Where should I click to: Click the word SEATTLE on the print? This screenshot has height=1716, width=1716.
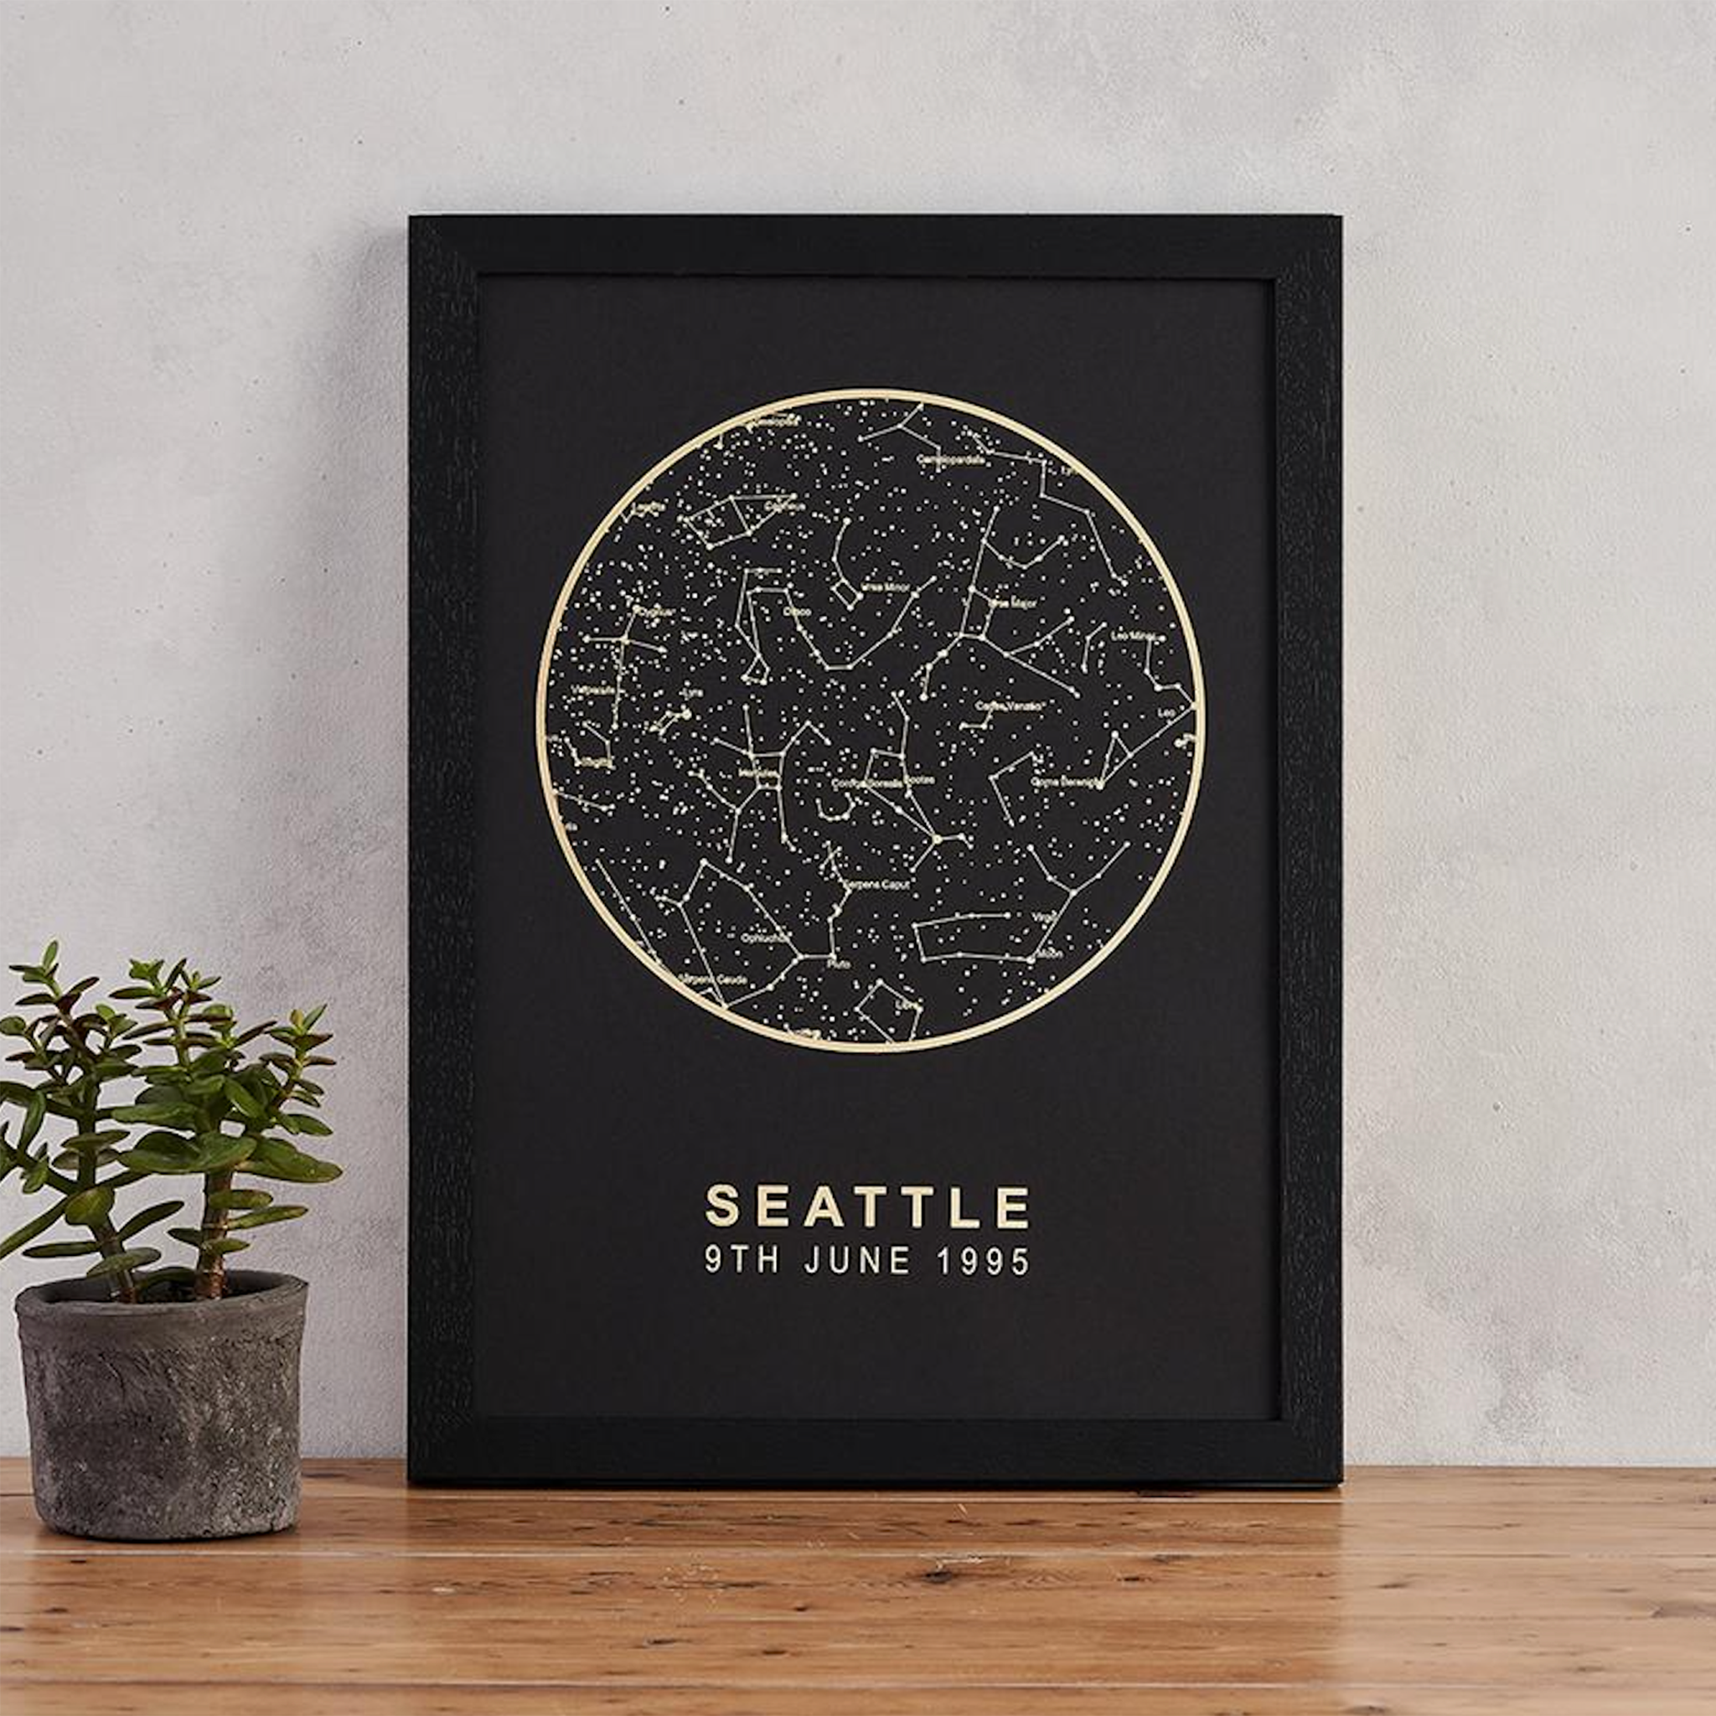tap(867, 1207)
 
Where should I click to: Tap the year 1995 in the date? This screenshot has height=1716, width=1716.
tap(985, 1261)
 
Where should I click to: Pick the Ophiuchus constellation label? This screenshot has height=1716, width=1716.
tap(760, 937)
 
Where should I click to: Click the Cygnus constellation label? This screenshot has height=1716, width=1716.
tap(653, 611)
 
